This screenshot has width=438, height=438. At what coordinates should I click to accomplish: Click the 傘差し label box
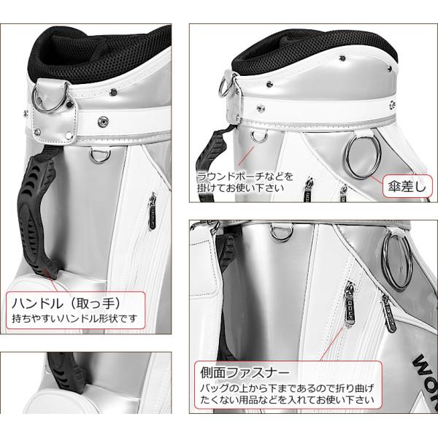(407, 186)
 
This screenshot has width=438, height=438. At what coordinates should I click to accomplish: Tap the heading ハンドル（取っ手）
(66, 304)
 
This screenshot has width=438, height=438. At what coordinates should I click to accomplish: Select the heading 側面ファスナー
(245, 372)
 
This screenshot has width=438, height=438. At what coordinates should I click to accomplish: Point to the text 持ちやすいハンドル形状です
(75, 318)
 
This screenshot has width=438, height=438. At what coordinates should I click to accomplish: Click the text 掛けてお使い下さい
(240, 188)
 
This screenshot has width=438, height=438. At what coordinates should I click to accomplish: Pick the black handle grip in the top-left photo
(36, 212)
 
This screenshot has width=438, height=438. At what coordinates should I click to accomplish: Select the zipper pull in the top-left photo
(153, 211)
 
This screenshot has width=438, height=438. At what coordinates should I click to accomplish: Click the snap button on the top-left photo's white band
(103, 121)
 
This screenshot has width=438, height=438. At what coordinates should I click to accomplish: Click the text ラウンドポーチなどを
(245, 177)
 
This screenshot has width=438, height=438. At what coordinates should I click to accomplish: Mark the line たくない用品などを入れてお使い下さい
(287, 400)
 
